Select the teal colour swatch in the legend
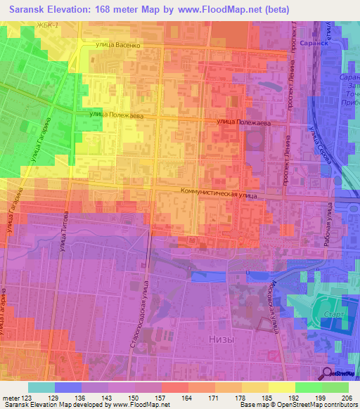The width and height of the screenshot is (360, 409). (x=41, y=387)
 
